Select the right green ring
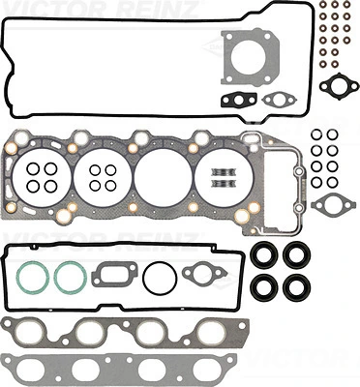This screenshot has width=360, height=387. tap(69, 281)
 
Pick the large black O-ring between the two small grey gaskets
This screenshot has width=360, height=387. tap(156, 281)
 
